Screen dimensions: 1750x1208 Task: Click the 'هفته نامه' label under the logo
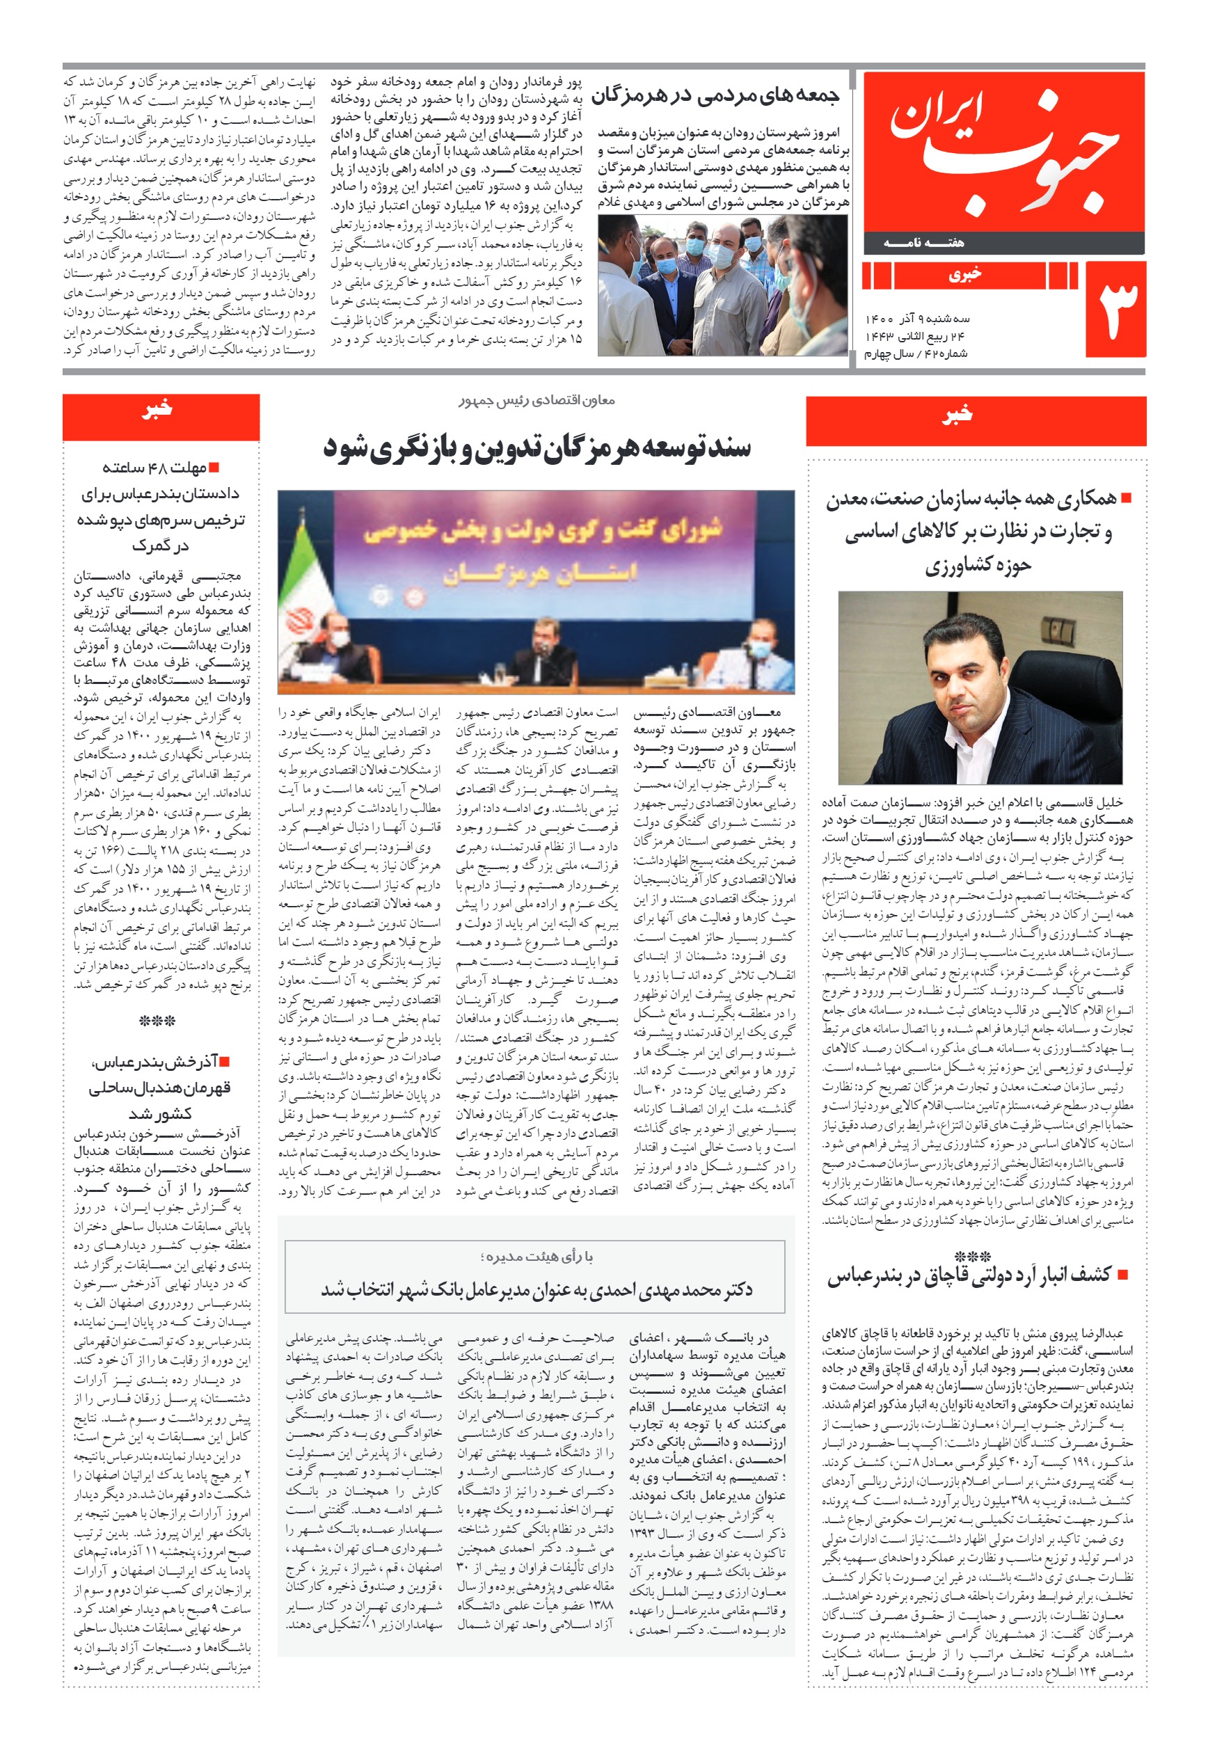[x=924, y=243]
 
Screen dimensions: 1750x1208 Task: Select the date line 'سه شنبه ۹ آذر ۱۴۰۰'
[x=917, y=319]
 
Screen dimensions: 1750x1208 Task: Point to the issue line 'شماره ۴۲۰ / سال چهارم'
[x=916, y=353]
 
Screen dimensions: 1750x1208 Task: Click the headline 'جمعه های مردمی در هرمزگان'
[x=715, y=96]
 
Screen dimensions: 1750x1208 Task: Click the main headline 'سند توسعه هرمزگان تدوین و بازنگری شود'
[x=537, y=447]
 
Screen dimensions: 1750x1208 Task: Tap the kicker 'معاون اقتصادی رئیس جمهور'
[x=537, y=400]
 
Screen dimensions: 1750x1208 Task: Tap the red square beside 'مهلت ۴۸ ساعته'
[x=214, y=468]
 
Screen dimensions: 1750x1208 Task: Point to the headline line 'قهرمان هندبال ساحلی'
[x=160, y=1088]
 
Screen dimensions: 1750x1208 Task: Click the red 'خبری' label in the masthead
[x=965, y=276]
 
